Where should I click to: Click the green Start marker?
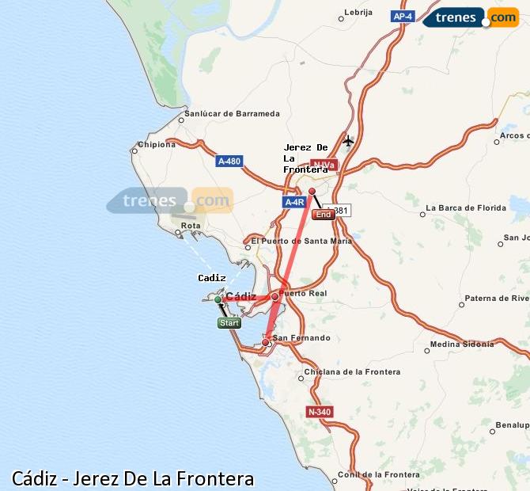[229, 322]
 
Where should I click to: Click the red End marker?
[323, 215]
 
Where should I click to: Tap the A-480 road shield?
[229, 162]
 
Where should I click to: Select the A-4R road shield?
[294, 202]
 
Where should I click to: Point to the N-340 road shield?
[320, 412]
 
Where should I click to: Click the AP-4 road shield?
[403, 16]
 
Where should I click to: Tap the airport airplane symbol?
[348, 141]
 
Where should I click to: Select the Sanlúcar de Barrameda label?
[232, 113]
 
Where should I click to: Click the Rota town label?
[191, 226]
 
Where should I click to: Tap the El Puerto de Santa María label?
[301, 241]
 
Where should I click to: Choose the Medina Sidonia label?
[462, 344]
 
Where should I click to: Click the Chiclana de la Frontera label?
[352, 371]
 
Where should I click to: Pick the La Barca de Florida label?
[466, 208]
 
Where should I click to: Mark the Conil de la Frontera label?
[379, 474]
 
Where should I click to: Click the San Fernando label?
[301, 338]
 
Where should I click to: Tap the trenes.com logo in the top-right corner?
[471, 17]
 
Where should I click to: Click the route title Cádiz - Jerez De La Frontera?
[133, 478]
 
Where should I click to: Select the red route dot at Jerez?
[312, 191]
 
